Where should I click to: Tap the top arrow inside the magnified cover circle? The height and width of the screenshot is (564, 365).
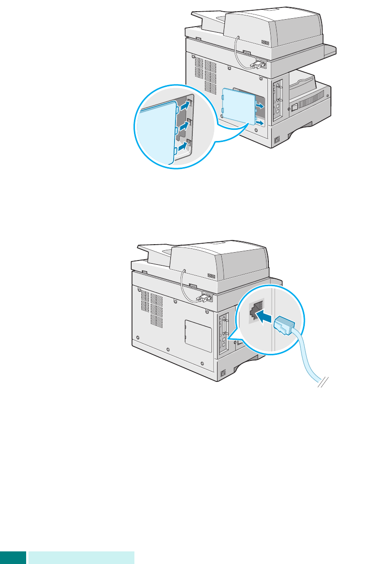(x=185, y=106)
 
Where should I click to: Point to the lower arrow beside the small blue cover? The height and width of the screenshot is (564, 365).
(x=260, y=123)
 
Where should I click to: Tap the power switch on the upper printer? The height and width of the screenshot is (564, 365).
(x=295, y=107)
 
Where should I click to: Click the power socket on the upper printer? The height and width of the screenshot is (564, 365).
(x=277, y=139)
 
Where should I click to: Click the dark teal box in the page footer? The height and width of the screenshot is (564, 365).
(x=13, y=557)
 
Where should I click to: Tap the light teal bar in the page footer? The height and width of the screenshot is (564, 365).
(x=81, y=557)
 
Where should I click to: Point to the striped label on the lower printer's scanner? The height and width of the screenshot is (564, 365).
(x=212, y=276)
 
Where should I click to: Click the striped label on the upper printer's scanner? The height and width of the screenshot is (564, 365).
(x=266, y=42)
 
